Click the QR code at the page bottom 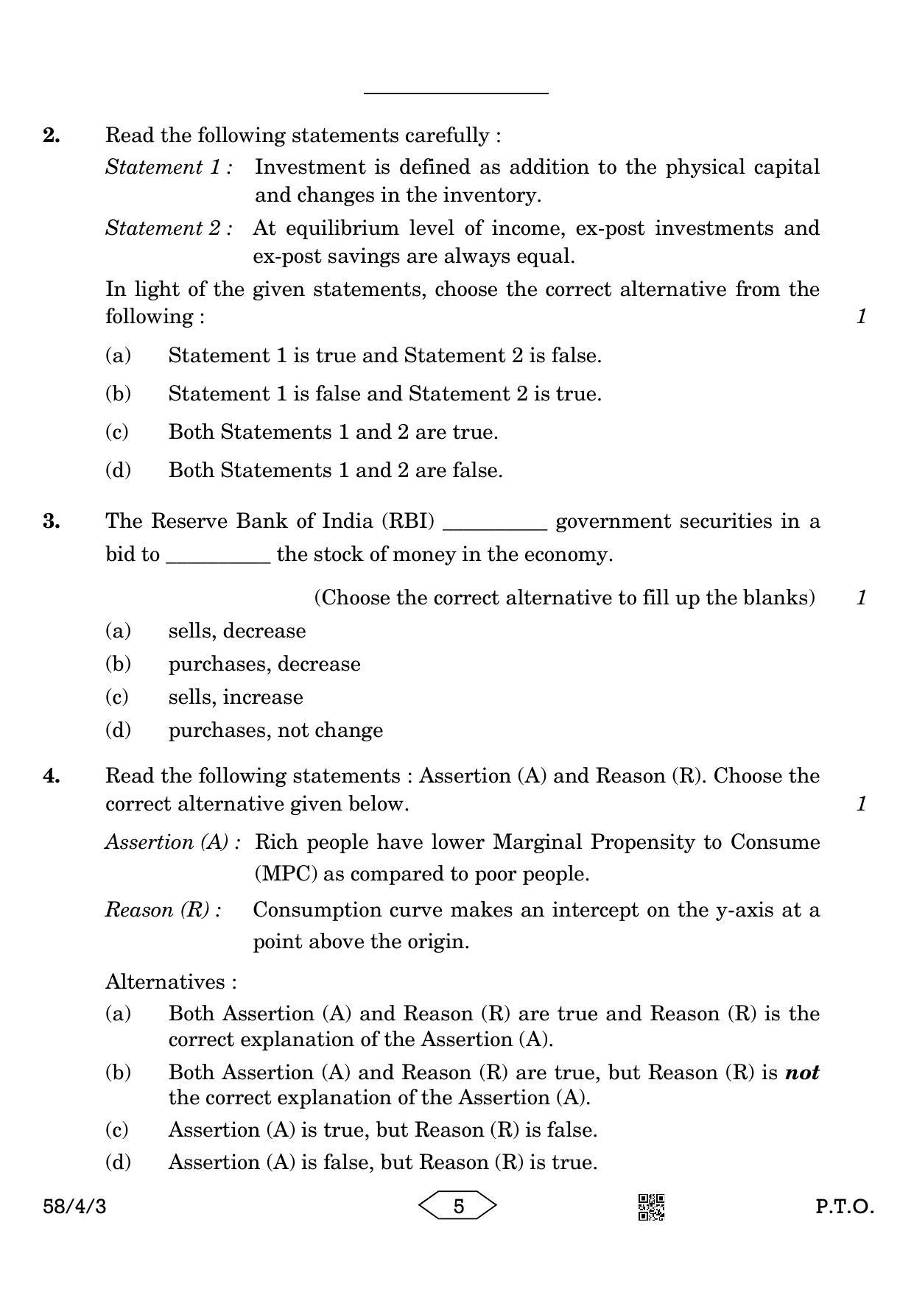(650, 1207)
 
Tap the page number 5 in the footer (458, 1206)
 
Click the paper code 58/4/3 (74, 1207)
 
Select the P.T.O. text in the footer (844, 1207)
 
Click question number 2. (52, 135)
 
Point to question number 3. (52, 521)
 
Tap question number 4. (52, 776)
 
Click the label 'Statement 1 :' (169, 167)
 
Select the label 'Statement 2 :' (169, 228)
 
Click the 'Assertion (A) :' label (173, 842)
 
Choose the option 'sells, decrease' (236, 631)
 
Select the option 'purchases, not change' (275, 730)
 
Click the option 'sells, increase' (236, 697)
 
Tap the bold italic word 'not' (802, 1073)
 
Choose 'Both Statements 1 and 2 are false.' (335, 470)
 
